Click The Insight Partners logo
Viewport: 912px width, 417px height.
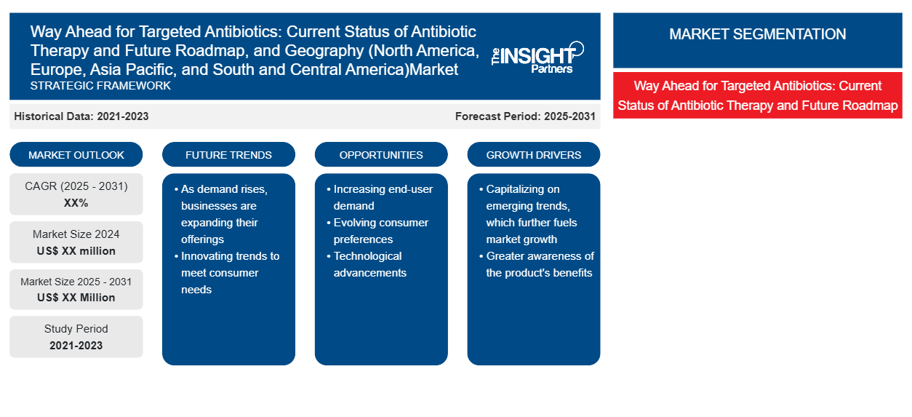tap(537, 57)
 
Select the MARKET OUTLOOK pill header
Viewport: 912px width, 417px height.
tap(76, 154)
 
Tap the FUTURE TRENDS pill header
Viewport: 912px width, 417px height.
tap(228, 154)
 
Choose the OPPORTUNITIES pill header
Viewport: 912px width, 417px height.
tap(381, 154)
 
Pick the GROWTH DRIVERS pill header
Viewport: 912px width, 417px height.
tap(533, 154)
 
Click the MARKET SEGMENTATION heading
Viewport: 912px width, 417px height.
tap(757, 34)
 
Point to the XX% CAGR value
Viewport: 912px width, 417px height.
tap(76, 203)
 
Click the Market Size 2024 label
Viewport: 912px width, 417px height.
tap(76, 234)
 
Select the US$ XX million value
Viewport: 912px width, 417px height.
tap(76, 251)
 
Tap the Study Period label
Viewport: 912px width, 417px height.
tap(76, 329)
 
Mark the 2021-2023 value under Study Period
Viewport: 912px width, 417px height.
tap(76, 346)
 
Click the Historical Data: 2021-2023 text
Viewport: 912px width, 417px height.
tap(81, 116)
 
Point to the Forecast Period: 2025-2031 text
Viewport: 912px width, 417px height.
tap(525, 116)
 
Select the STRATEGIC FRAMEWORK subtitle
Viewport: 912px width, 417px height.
tap(100, 86)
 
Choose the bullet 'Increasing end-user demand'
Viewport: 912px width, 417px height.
tap(380, 197)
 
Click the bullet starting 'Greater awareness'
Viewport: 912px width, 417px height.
tap(537, 264)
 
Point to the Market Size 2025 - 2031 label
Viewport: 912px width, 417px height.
tap(76, 282)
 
